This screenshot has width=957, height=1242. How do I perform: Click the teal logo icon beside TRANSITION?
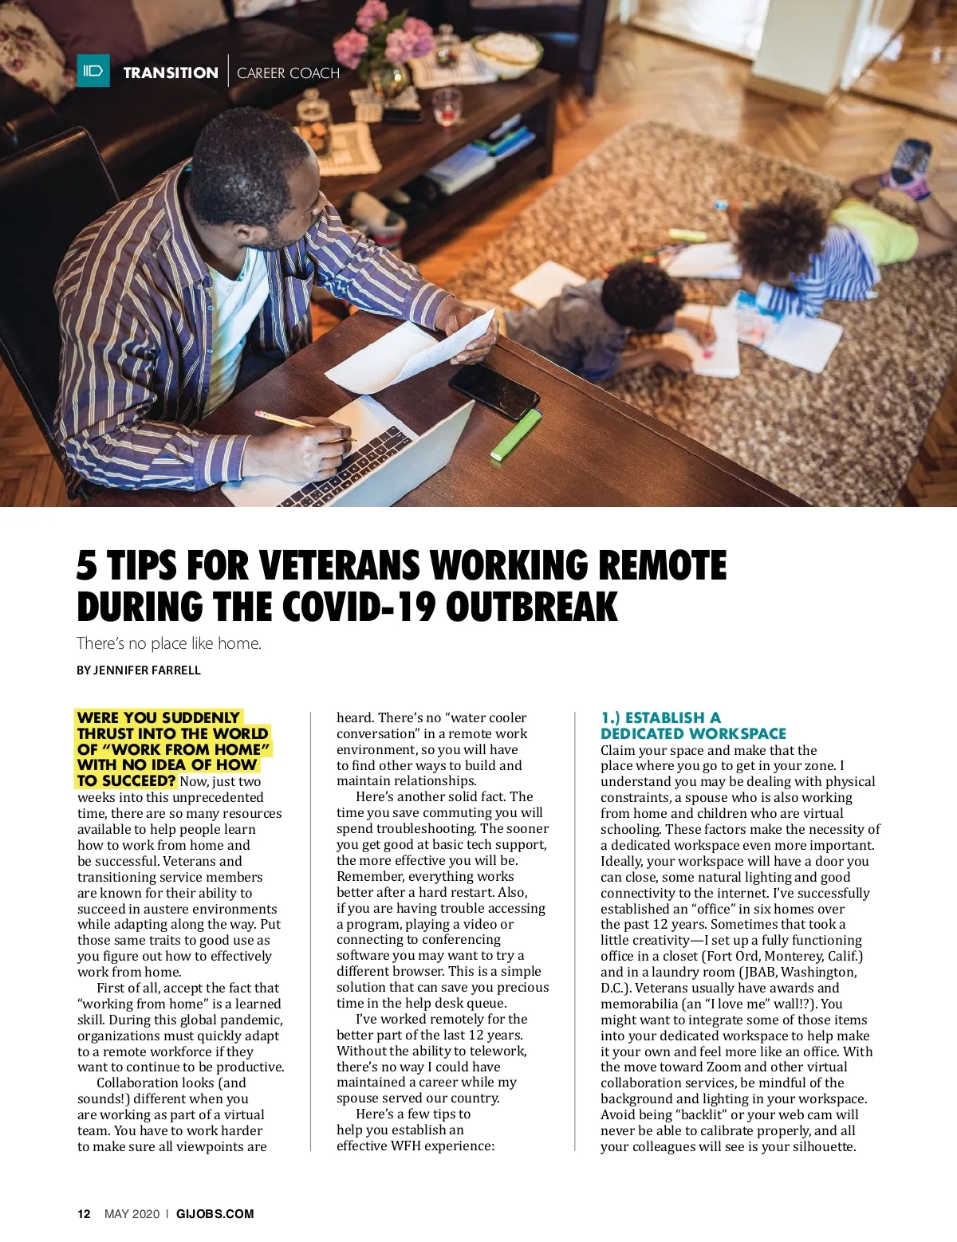[93, 72]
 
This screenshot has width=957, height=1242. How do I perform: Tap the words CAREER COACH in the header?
[288, 73]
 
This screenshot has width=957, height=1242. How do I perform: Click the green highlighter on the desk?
[516, 434]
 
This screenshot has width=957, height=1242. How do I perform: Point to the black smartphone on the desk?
[494, 391]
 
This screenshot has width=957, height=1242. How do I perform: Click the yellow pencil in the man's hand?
[287, 420]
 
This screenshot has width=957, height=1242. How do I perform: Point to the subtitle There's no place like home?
[169, 643]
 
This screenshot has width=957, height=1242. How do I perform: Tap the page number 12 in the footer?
[84, 1214]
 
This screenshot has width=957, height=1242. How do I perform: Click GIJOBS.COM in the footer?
[215, 1214]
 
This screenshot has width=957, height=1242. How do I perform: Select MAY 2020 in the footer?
[132, 1214]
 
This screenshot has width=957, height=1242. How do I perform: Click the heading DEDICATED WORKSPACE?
[693, 733]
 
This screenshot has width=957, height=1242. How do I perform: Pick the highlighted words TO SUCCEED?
[126, 780]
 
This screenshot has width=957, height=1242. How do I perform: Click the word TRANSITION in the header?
[171, 73]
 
